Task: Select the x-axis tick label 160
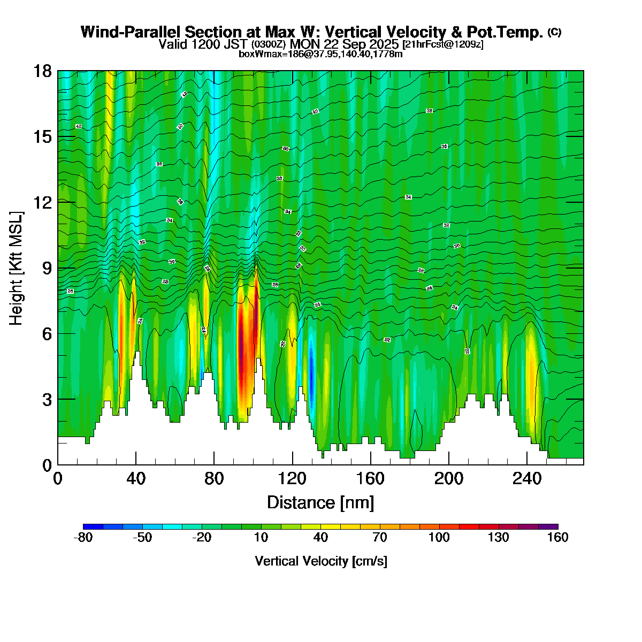pos(370,478)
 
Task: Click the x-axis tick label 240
pos(527,478)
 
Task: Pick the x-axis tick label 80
pos(214,478)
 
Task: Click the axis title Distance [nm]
pos(320,502)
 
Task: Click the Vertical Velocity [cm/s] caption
pos(321,561)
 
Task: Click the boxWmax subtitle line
pos(320,53)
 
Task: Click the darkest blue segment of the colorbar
pos(93,527)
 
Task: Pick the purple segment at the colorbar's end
pos(548,527)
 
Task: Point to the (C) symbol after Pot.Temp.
pos(554,32)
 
